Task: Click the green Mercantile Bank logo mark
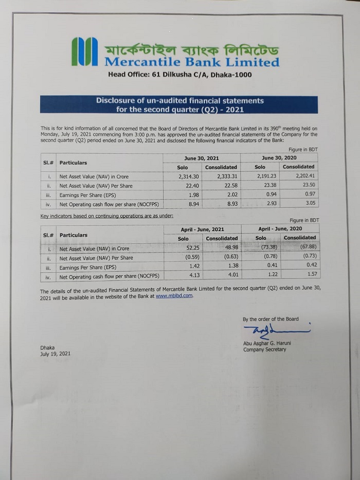[x=84, y=51]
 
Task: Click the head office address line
[x=179, y=75]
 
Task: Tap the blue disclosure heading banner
[x=179, y=104]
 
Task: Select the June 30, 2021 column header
[x=201, y=158]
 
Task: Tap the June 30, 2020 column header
[x=279, y=157]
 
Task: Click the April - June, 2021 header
[x=202, y=229]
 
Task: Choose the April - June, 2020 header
[x=280, y=228]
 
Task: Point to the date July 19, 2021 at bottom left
[x=56, y=354]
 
